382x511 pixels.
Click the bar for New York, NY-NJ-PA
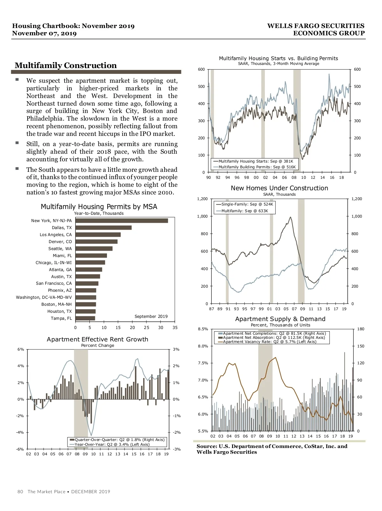pos(122,220)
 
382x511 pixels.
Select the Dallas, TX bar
pos(103,227)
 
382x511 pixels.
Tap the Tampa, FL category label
pos(61,318)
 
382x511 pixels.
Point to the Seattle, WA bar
pos(94,248)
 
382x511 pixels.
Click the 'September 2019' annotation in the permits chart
pos(151,316)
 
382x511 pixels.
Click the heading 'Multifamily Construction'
pos(66,65)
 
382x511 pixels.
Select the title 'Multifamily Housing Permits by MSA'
pos(99,206)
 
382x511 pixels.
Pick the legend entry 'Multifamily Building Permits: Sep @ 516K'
pos(257,167)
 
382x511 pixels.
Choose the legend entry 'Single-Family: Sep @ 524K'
pos(247,204)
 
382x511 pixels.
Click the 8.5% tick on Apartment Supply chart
pos(203,329)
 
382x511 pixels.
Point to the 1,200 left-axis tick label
pos(202,199)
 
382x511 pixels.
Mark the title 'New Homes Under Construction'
pos(279,188)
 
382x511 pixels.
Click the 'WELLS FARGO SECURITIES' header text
pos(315,26)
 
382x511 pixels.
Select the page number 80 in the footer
pos(20,492)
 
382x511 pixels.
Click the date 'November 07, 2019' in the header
pos(44,33)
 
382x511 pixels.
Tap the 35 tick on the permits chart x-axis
pos(175,327)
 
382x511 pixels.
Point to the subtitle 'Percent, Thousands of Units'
pos(280,325)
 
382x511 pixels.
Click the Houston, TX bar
pos(86,311)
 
